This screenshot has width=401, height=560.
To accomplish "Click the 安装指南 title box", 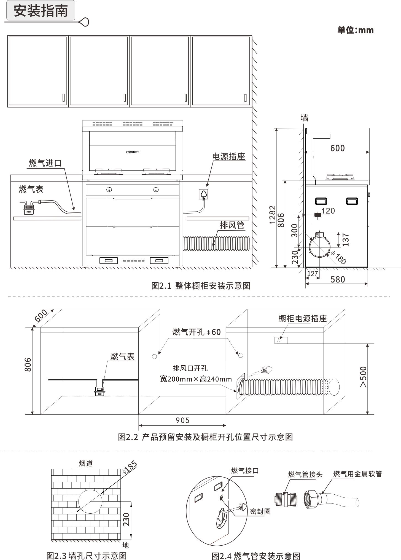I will click(x=41, y=11).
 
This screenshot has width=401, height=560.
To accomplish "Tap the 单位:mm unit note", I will click(x=356, y=30).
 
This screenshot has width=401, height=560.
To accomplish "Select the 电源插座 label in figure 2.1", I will click(x=228, y=157).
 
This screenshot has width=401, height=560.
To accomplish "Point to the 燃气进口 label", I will click(x=45, y=163).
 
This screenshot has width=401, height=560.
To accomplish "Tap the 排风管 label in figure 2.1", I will click(x=232, y=225).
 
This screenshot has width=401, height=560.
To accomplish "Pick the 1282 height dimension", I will click(x=272, y=215).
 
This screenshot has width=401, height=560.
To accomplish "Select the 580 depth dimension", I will click(x=338, y=279).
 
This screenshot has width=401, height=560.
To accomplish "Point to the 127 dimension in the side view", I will click(x=312, y=274).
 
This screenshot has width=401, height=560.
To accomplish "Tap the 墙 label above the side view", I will click(x=305, y=118).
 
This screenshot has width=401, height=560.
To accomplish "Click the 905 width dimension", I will click(x=182, y=420).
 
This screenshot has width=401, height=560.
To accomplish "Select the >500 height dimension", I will click(x=363, y=377).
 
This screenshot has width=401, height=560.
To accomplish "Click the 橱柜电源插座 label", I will click(x=302, y=319).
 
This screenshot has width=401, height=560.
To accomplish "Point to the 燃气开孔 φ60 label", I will click(x=197, y=332).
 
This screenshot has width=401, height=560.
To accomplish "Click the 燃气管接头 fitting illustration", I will click(x=286, y=500).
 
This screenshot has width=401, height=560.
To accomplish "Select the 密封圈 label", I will click(x=260, y=511).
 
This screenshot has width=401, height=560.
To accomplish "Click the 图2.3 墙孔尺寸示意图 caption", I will click(x=87, y=555).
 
